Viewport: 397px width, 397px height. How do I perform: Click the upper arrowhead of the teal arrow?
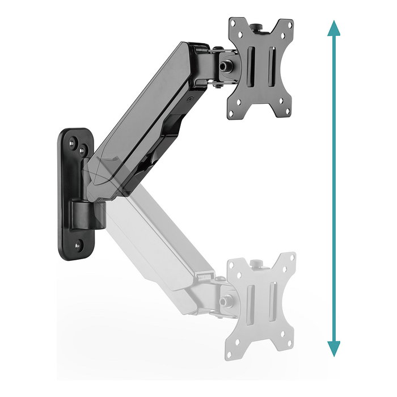click(x=333, y=28)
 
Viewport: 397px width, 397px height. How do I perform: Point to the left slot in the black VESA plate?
click(x=251, y=69)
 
